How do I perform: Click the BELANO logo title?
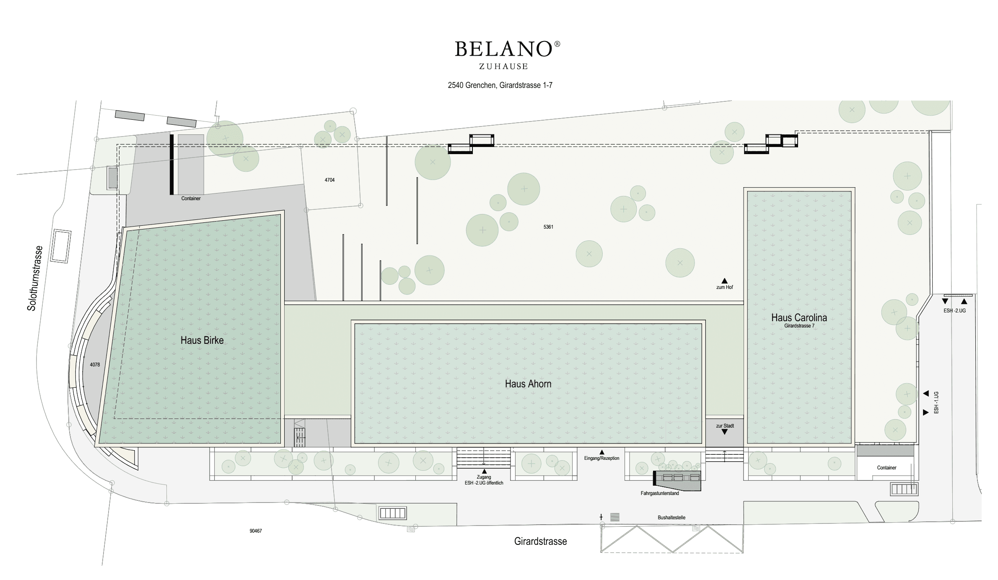coord(503,49)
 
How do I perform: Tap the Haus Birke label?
coord(202,340)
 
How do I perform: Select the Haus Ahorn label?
coord(528,384)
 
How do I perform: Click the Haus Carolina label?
coord(799,317)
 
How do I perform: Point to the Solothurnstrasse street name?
coord(35,278)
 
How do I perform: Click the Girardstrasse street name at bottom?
coord(540,541)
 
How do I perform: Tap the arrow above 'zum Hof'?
coord(724,281)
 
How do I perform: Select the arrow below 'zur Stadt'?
coord(724,432)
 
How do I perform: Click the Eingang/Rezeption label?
coord(601,458)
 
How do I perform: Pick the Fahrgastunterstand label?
coord(659,493)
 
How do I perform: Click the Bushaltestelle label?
coord(671,518)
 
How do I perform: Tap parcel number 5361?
coord(548,227)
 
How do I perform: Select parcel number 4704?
coord(329,180)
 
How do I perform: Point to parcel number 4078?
coord(95,365)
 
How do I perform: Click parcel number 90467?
coord(256,531)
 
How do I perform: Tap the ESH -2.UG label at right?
coord(954,311)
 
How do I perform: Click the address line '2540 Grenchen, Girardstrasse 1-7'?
coord(500,85)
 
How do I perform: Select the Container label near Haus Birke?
coord(191,198)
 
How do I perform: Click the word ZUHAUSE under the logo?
coord(503,67)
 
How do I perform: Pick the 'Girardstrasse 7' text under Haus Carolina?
coord(799,326)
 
